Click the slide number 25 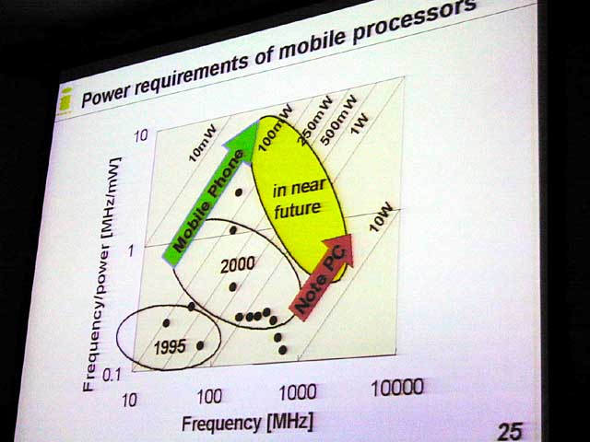click(510, 431)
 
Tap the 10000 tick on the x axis click(397, 387)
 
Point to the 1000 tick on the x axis click(298, 393)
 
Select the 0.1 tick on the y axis click(112, 375)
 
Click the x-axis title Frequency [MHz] click(247, 424)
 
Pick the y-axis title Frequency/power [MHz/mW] click(100, 274)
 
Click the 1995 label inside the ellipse click(170, 347)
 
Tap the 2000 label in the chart click(238, 265)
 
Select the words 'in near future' click(298, 199)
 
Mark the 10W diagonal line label click(380, 218)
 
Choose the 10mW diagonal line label click(203, 144)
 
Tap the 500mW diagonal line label click(338, 120)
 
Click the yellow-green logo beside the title click(65, 100)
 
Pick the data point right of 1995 click(201, 345)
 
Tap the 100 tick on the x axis click(209, 397)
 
